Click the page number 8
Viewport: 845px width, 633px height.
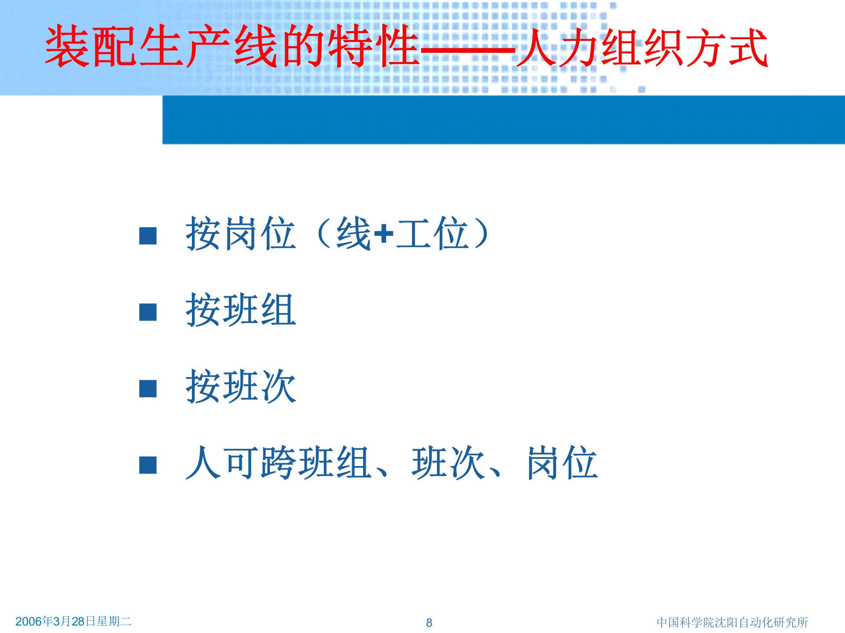(429, 622)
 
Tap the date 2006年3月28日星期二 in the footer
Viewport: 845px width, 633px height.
(73, 621)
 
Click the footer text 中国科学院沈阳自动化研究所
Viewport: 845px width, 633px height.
(732, 622)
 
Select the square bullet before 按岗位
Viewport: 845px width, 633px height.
(148, 236)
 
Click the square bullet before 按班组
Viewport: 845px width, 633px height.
(148, 312)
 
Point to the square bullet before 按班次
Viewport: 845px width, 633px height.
(148, 389)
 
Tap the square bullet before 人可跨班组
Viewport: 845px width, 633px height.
(148, 465)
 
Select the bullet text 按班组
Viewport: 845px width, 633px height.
(241, 310)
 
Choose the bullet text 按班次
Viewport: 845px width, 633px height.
(241, 387)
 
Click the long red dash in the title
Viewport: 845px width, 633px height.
(467, 51)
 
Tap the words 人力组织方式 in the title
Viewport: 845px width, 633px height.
(643, 47)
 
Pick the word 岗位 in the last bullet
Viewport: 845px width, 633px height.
(562, 463)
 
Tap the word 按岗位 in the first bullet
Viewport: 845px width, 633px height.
(241, 234)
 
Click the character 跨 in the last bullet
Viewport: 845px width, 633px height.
(279, 463)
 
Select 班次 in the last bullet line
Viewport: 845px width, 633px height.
(448, 463)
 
